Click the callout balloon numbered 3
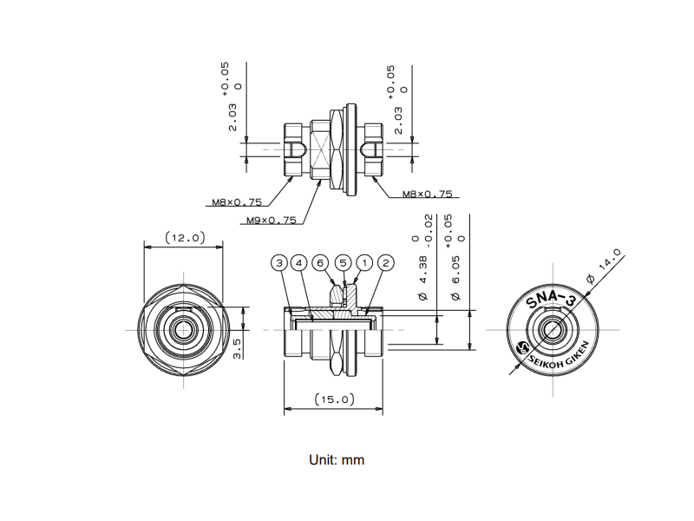tap(279, 263)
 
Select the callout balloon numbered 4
tap(298, 263)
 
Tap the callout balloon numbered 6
tap(320, 263)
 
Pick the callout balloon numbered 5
tap(343, 263)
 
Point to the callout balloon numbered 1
tap(364, 263)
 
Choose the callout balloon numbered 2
tap(385, 263)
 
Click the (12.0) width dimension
tap(186, 238)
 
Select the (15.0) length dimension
tap(335, 399)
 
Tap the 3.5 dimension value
tap(237, 349)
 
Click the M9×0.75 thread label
tap(272, 221)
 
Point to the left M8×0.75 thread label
tap(237, 202)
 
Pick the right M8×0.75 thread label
tap(428, 194)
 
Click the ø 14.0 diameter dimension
tap(604, 267)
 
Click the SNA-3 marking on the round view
tap(551, 302)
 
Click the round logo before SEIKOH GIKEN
tap(524, 346)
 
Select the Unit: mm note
tap(337, 460)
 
